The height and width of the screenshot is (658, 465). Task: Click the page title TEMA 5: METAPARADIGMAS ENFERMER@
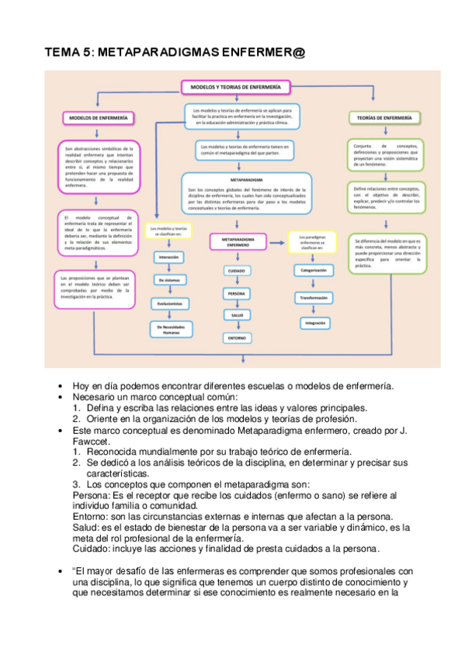(x=175, y=52)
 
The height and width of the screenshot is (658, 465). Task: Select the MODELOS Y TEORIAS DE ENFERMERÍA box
(x=235, y=87)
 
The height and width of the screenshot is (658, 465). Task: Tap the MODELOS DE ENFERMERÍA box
(x=94, y=119)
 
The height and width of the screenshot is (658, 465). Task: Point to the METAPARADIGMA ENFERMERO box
(x=238, y=241)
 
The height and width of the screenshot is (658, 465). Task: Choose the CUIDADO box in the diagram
(x=236, y=270)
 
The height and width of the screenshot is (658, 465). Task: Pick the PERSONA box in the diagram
(x=236, y=294)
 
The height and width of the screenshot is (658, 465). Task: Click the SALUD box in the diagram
(x=236, y=315)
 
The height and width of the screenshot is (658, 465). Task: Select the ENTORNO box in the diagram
(x=236, y=338)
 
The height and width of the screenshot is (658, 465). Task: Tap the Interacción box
(x=169, y=256)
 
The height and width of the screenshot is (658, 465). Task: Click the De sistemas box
(x=169, y=279)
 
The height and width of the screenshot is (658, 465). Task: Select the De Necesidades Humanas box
(x=169, y=329)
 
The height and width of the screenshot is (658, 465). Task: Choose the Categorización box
(x=314, y=270)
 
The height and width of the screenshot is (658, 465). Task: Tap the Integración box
(x=314, y=322)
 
